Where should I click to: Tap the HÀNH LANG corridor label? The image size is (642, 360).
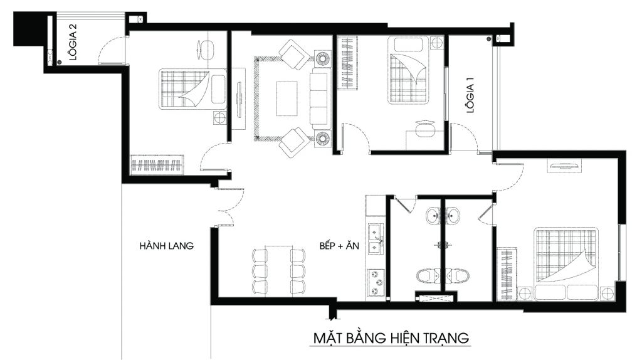tap(167, 246)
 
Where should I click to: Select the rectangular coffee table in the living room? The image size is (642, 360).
tap(288, 98)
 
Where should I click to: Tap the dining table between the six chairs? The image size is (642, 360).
tap(278, 270)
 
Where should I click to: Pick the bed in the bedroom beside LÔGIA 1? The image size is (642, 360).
tap(408, 70)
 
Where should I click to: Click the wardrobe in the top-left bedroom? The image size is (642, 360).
tap(156, 165)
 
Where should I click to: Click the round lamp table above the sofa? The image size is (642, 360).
tap(324, 58)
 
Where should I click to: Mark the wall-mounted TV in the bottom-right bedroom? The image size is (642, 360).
tap(566, 166)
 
